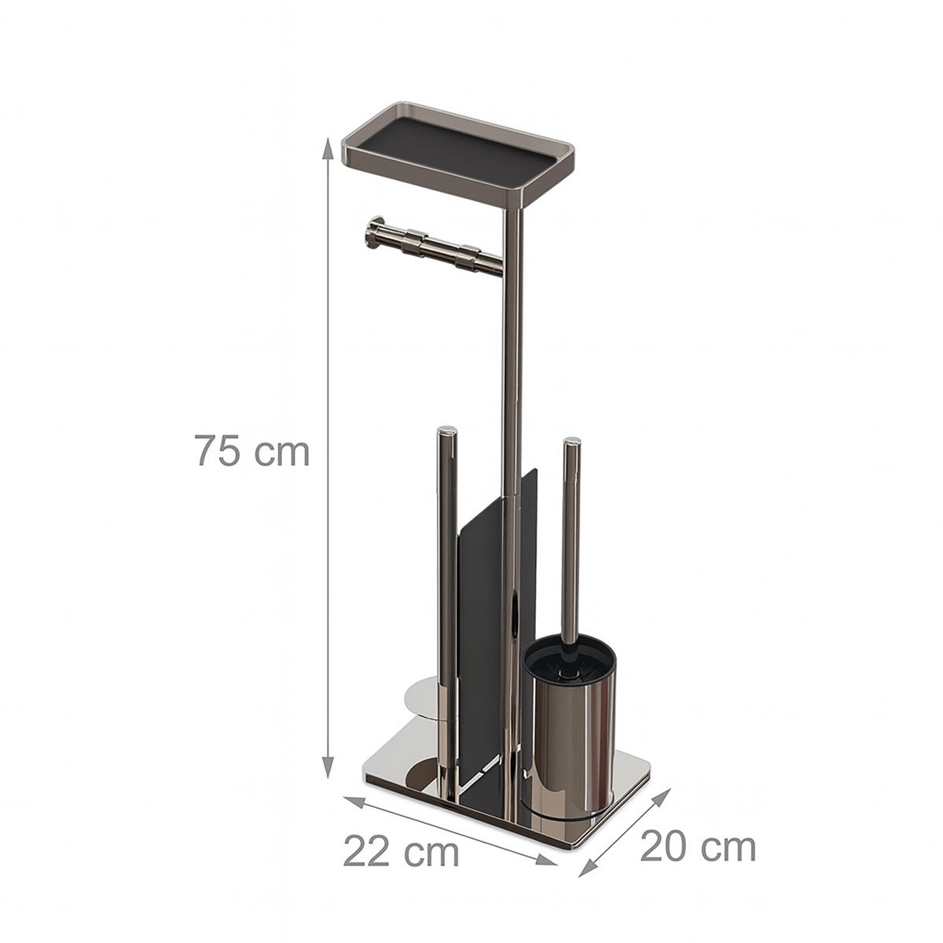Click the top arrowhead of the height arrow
pos(328,149)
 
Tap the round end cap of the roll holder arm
pos(376,234)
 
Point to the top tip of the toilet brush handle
pos(572,442)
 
